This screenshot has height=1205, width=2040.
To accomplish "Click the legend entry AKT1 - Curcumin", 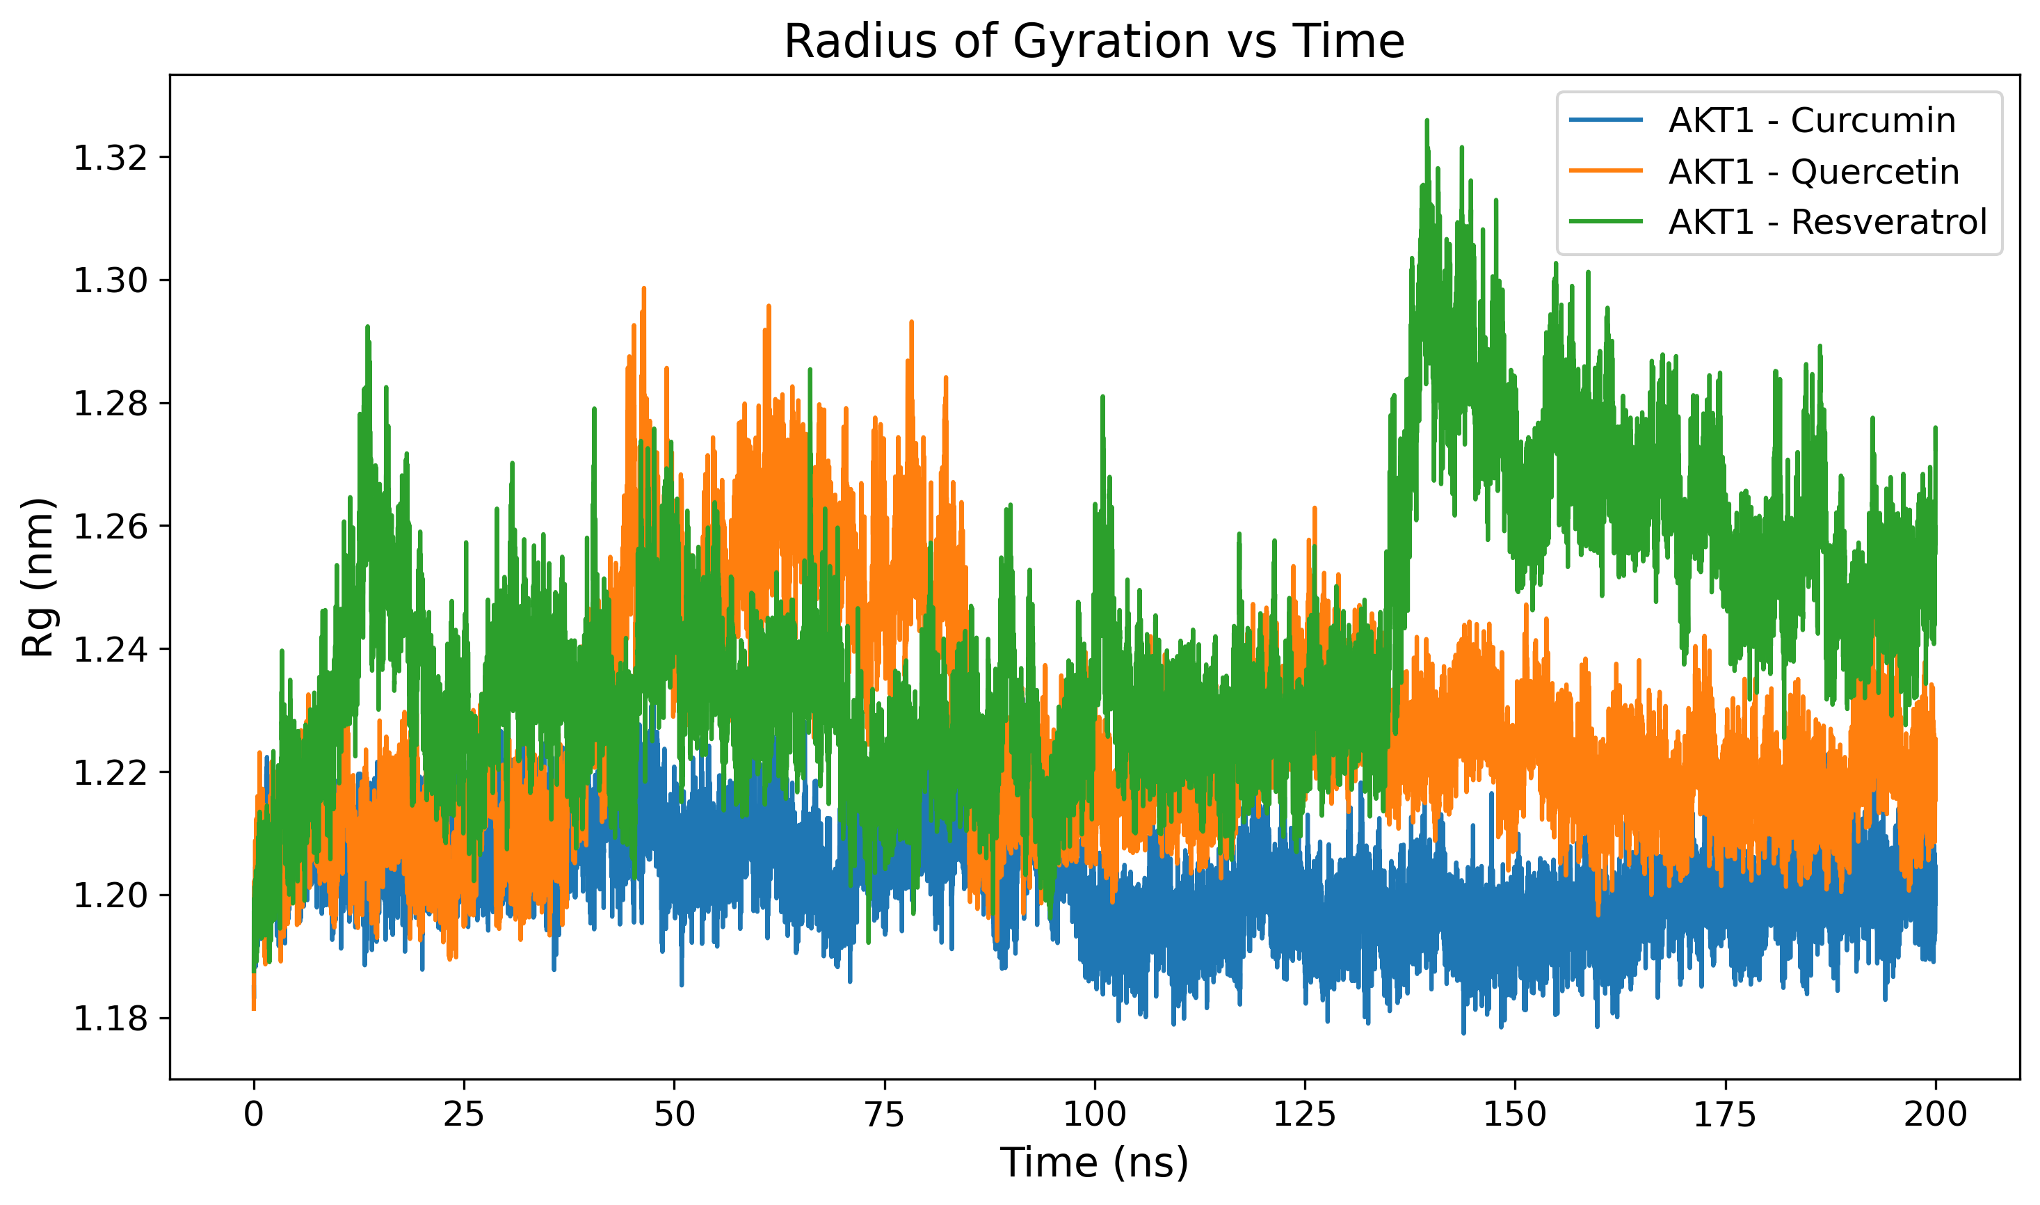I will (x=1812, y=121).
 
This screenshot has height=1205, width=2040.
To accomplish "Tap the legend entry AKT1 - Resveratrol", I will (x=1827, y=222).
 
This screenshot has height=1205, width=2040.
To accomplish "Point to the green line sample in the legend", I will (x=1606, y=222).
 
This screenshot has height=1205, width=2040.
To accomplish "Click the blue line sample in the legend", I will (x=1606, y=121).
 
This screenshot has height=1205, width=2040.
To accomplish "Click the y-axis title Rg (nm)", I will (x=38, y=577).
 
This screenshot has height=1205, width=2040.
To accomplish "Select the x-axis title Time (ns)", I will (x=1093, y=1163).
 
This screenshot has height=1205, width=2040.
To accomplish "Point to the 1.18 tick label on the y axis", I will (x=111, y=1019).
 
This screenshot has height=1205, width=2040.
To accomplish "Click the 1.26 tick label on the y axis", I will (x=111, y=527).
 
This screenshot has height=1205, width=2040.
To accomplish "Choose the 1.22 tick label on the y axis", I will (x=111, y=773).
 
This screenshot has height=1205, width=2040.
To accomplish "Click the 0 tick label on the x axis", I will (x=254, y=1114).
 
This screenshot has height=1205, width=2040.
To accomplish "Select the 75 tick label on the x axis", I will (x=884, y=1114).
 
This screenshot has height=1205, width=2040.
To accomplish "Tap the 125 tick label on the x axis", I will (x=1305, y=1114).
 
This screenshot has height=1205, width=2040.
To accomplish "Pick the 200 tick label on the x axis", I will (x=1935, y=1114).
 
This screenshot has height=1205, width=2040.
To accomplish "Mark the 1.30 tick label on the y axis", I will (x=111, y=281).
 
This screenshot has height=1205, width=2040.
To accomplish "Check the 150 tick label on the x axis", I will (x=1515, y=1114).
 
